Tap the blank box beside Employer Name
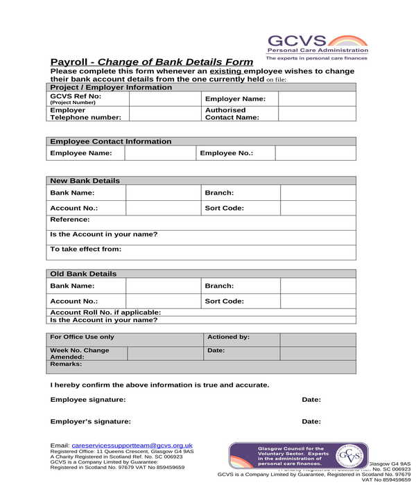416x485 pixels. tap(317, 99)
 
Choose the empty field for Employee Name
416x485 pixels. tap(159, 153)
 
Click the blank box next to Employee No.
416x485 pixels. tap(315, 153)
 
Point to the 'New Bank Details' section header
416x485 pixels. tap(85, 181)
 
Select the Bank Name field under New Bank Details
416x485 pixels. tap(164, 193)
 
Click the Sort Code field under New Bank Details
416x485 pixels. tap(318, 208)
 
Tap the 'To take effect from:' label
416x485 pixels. tap(86, 249)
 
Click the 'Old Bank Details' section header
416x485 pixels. tap(84, 274)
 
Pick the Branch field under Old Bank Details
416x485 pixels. tap(318, 286)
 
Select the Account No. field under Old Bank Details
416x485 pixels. tap(164, 301)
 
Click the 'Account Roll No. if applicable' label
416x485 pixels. tap(105, 312)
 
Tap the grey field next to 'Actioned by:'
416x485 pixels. tap(318, 338)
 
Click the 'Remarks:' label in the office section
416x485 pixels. tap(66, 364)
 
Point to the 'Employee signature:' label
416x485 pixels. tap(88, 400)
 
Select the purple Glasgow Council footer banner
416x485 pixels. tap(298, 455)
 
